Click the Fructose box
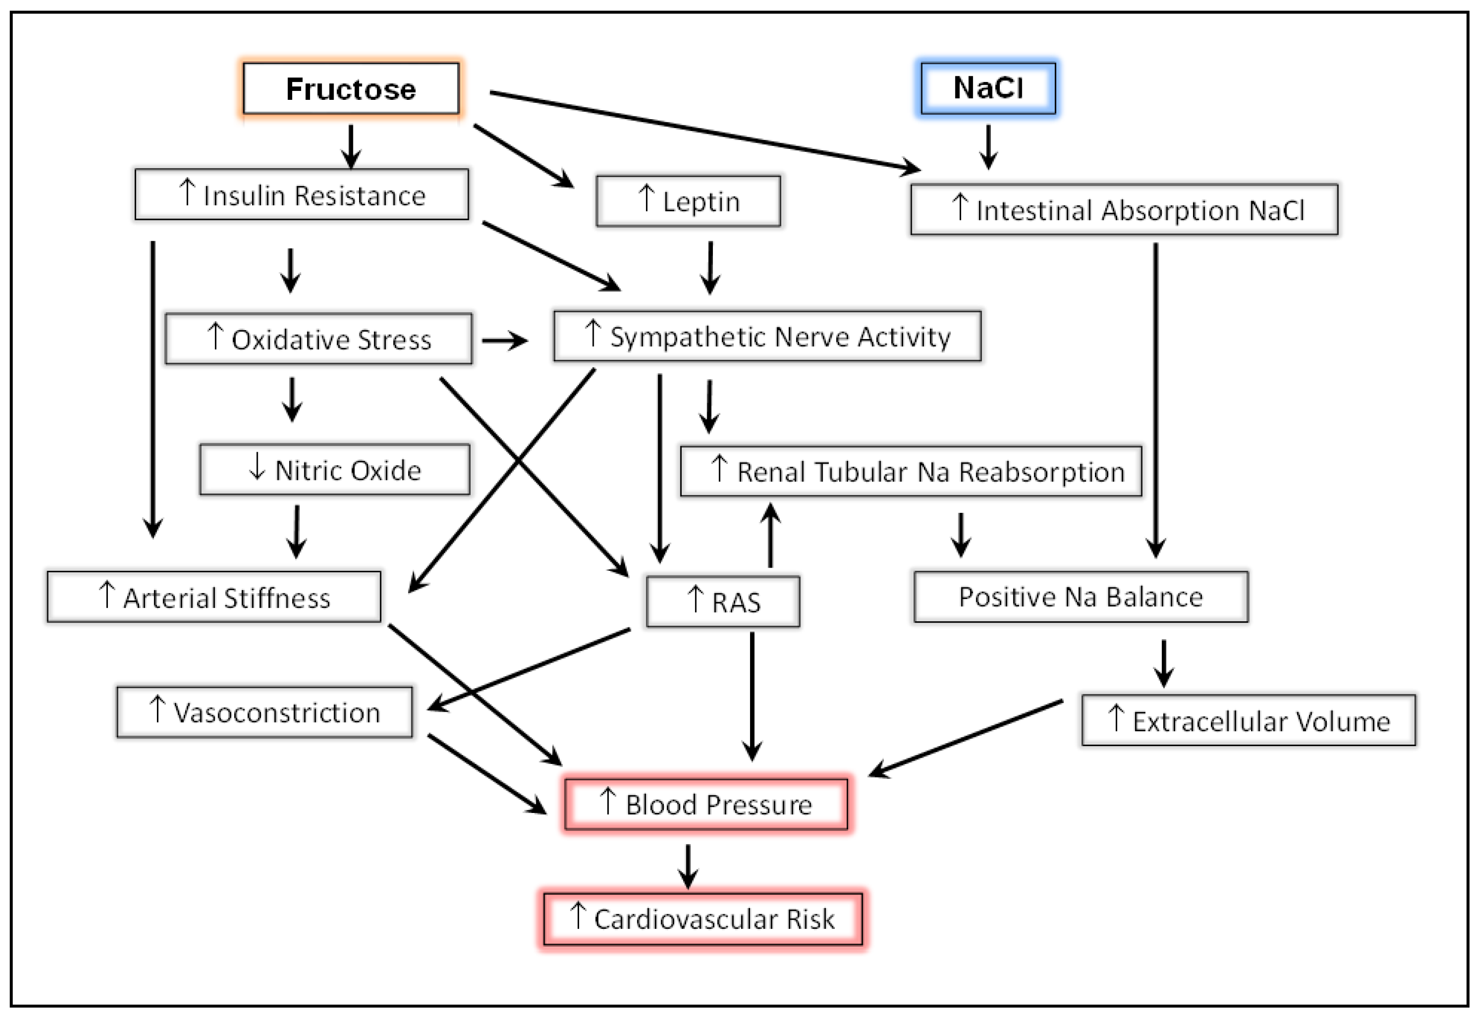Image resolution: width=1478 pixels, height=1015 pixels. pyautogui.click(x=351, y=89)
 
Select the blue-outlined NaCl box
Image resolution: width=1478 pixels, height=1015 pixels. pyautogui.click(x=988, y=88)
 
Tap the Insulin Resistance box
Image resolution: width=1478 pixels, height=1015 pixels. pyautogui.click(x=302, y=195)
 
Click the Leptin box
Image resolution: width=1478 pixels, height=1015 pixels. pyautogui.click(x=688, y=201)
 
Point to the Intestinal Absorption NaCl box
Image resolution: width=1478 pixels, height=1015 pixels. pyautogui.click(x=1124, y=209)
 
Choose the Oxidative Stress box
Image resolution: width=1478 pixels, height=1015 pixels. pyautogui.click(x=318, y=338)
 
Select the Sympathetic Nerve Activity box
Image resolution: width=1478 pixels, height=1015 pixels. pyautogui.click(x=767, y=336)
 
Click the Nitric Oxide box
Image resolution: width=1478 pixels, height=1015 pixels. pyautogui.click(x=335, y=469)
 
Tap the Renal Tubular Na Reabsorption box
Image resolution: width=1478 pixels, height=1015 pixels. pyautogui.click(x=911, y=471)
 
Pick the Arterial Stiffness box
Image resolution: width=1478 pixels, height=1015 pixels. pyautogui.click(x=214, y=597)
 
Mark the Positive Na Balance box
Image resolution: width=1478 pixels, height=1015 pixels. pyautogui.click(x=1080, y=597)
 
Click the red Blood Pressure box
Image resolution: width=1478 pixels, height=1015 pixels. pyautogui.click(x=706, y=804)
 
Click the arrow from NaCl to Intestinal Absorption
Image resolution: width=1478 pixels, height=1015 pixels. pyautogui.click(x=988, y=146)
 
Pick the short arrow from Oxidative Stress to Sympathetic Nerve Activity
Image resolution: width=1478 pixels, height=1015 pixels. pyautogui.click(x=504, y=341)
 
